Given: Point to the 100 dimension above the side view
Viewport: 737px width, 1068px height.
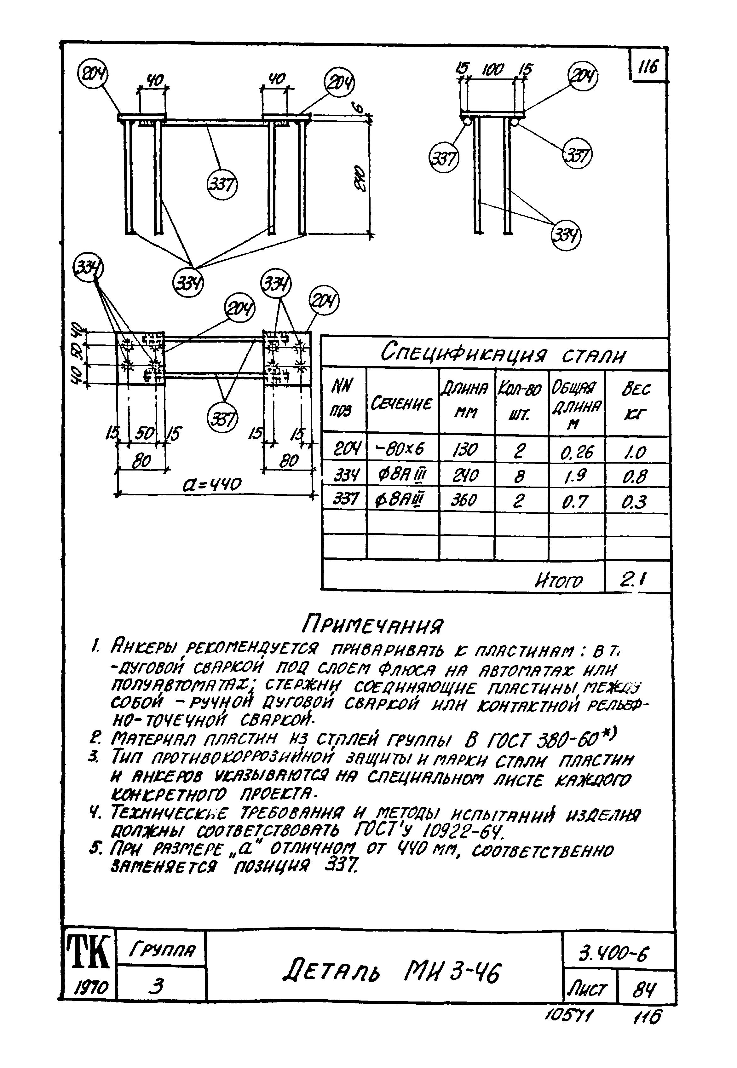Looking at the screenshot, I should tap(493, 69).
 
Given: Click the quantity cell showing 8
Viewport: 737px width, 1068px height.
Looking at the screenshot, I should tap(521, 475).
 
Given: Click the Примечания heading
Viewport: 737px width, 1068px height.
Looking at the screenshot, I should tap(372, 626).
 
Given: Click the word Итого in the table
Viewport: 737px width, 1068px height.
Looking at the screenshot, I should tap(558, 580).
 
